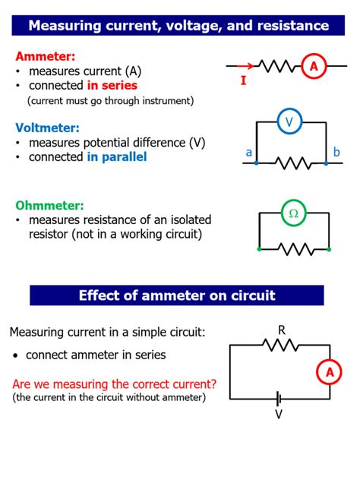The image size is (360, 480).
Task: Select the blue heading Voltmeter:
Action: pyautogui.click(x=47, y=128)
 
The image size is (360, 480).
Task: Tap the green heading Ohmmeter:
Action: pyautogui.click(x=49, y=205)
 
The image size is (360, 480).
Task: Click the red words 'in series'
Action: pyautogui.click(x=112, y=86)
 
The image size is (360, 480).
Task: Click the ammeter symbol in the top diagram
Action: pyautogui.click(x=313, y=67)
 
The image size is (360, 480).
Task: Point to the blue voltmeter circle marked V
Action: pyautogui.click(x=289, y=121)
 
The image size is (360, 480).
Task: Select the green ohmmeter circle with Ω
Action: pyautogui.click(x=293, y=213)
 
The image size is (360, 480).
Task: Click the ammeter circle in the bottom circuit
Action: pyautogui.click(x=329, y=372)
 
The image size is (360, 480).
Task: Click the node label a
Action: pyautogui.click(x=248, y=153)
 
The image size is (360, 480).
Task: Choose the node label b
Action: pyautogui.click(x=336, y=153)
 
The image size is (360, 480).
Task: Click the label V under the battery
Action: pyautogui.click(x=279, y=415)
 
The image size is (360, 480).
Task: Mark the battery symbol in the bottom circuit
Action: pyautogui.click(x=279, y=399)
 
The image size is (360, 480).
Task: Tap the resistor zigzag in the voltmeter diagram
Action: pyautogui.click(x=292, y=163)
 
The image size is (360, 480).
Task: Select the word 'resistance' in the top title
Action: pyautogui.click(x=291, y=26)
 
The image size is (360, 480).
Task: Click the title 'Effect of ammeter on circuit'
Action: pyautogui.click(x=177, y=295)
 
